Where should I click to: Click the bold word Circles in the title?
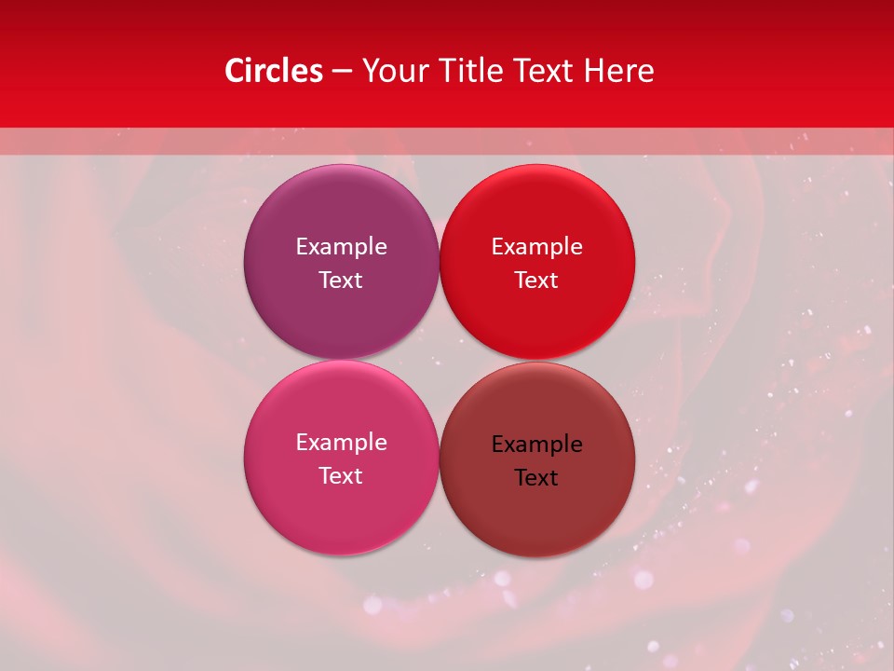point(273,71)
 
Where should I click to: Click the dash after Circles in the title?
point(342,72)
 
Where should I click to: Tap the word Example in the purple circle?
point(341,246)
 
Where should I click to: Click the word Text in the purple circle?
point(341,280)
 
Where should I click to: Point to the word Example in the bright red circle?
point(536,246)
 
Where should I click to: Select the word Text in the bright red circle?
point(536,280)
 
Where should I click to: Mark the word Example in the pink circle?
point(341,442)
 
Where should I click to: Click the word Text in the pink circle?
point(341,475)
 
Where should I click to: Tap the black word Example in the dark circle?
point(536,444)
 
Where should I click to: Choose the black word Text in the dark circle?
point(536,477)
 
